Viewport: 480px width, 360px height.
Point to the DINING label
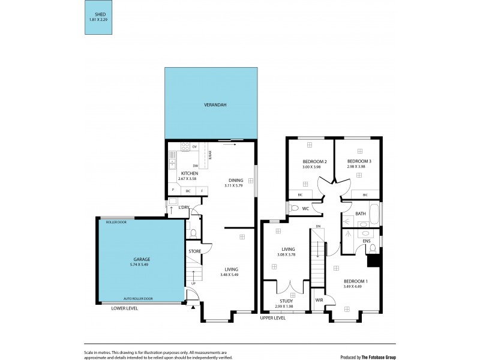236,179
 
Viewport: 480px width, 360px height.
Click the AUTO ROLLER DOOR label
138,298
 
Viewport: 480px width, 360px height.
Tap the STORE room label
194,251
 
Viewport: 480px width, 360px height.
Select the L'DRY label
184,208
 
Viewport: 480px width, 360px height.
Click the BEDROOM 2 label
314,161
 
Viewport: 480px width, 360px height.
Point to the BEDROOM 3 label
359,161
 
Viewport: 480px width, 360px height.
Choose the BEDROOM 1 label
356,281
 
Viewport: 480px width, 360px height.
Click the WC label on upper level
305,209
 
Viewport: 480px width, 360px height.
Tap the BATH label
360,213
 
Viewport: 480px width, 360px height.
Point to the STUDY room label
286,301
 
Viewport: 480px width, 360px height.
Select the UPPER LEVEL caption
274,317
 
